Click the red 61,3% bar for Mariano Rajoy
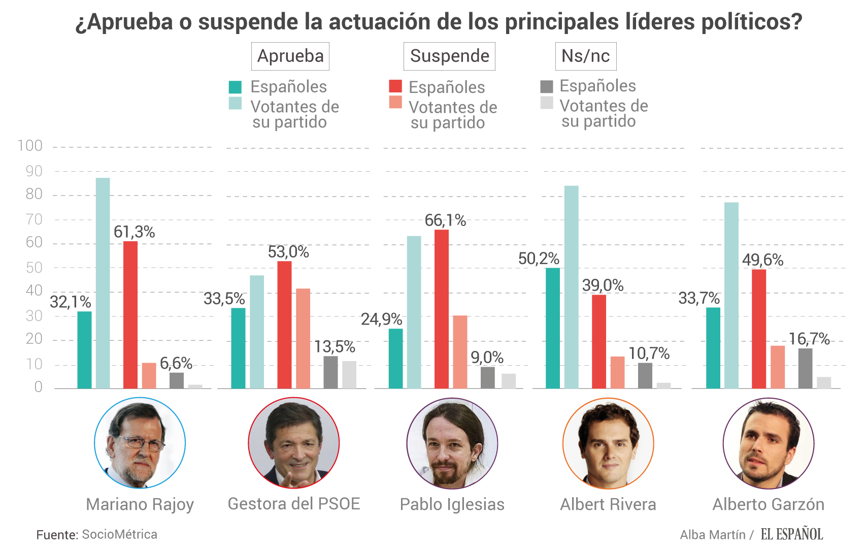point(130,315)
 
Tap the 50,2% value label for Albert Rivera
point(539,259)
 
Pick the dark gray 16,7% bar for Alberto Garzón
point(805,368)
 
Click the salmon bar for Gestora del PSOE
point(303,338)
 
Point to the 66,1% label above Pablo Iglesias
point(445,220)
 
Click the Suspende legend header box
point(449,56)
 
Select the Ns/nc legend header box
point(585,56)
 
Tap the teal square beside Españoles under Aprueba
point(235,87)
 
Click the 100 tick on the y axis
point(30,146)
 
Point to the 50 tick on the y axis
point(34,268)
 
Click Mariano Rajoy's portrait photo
point(140,443)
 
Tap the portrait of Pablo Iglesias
point(452,443)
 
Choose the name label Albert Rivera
point(608,504)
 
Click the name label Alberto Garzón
point(768,504)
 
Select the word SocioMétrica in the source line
point(119,534)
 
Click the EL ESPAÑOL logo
point(791,534)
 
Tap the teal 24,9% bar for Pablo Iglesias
point(396,359)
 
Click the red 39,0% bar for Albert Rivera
point(599,341)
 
